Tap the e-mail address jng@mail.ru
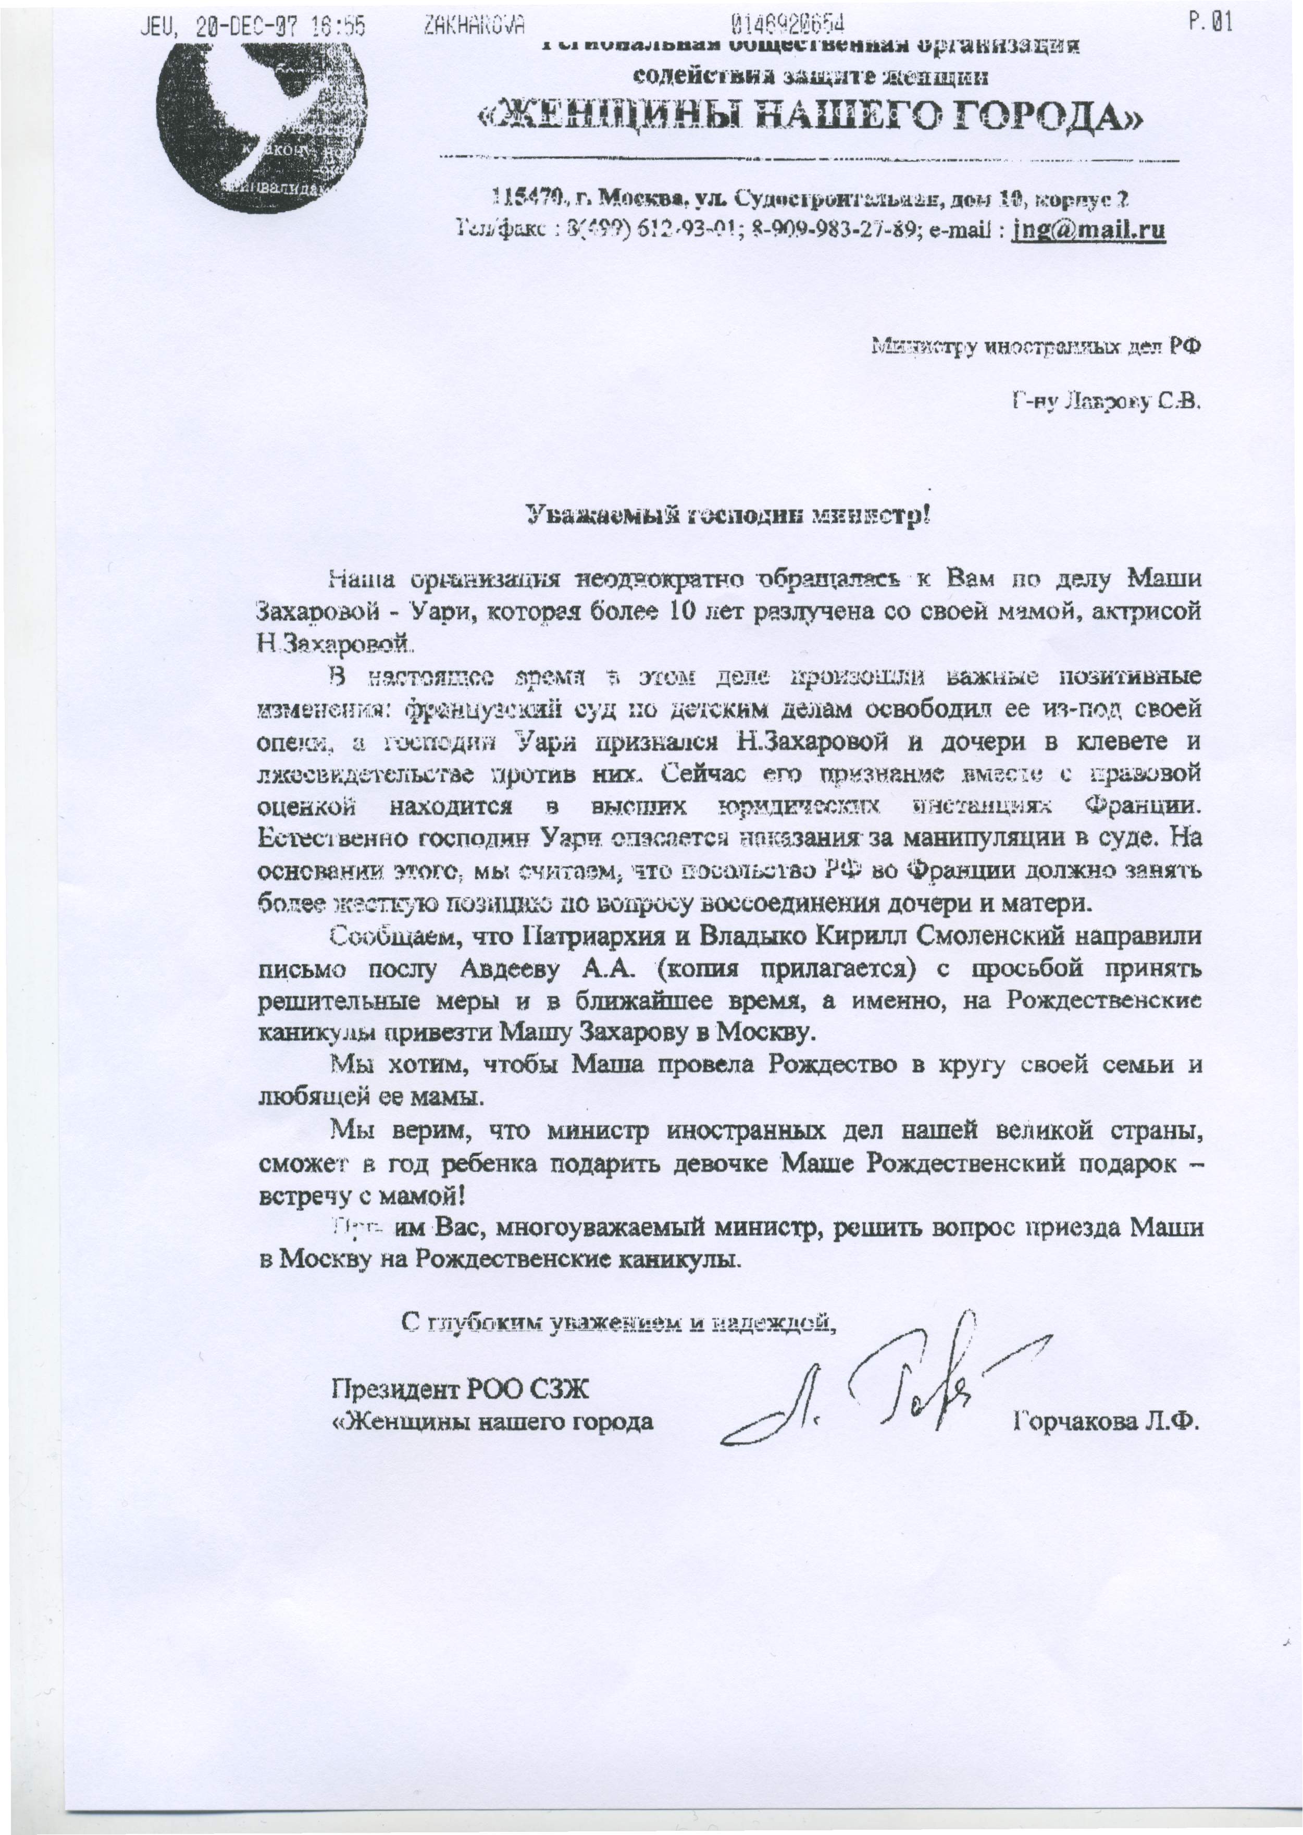pyautogui.click(x=1088, y=231)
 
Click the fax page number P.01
pyautogui.click(x=1211, y=26)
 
